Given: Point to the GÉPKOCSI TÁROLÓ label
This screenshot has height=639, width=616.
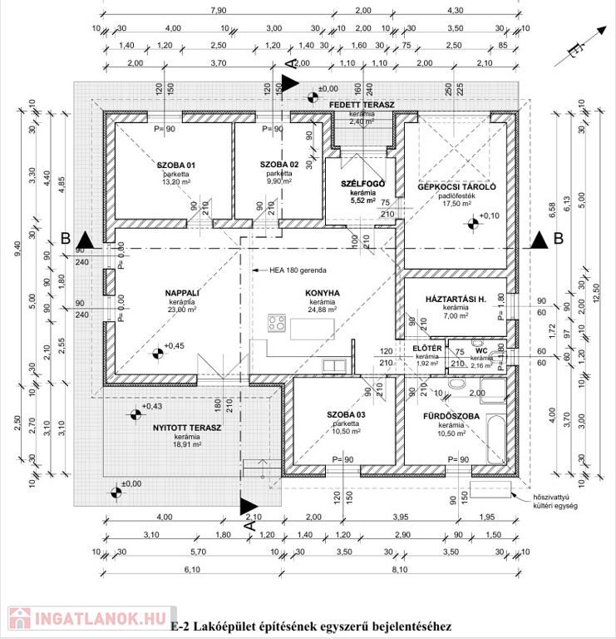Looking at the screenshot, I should point(456,187).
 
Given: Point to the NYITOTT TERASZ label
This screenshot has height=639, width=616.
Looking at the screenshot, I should point(187,428).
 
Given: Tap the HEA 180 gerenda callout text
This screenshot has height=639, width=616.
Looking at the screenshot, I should point(298,270).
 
